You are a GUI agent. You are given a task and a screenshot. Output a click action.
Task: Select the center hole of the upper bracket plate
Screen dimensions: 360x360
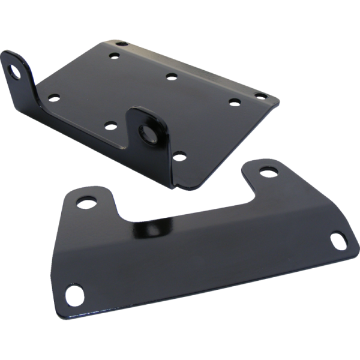coord(172,76)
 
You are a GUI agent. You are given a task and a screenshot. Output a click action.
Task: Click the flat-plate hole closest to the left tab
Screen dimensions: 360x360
coord(54,96)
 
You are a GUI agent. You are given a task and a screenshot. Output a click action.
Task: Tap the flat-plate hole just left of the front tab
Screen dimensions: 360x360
coord(109,125)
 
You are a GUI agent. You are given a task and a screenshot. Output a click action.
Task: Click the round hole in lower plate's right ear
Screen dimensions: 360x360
coord(268,171)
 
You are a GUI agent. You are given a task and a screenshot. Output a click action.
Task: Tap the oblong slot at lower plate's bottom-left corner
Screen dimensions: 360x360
coord(74,294)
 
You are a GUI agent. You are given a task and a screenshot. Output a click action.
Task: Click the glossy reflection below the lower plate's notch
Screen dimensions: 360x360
coord(153,229)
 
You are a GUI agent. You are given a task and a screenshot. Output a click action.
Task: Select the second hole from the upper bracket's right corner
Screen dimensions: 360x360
coord(234,101)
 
